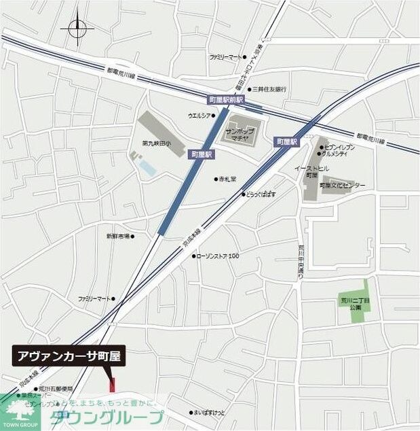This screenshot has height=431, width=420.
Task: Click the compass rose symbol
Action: [x=77, y=29]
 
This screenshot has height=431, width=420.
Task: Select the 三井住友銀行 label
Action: [x=270, y=89]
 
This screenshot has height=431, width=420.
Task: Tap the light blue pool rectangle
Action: [x=147, y=166]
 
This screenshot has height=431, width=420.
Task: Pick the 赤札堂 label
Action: [x=227, y=179]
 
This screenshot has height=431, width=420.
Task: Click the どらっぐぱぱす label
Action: [x=260, y=194]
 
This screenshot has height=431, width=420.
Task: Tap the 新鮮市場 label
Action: [x=118, y=236]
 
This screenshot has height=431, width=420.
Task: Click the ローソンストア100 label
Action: [x=218, y=256]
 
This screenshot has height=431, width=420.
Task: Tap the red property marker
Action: [x=113, y=383]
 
